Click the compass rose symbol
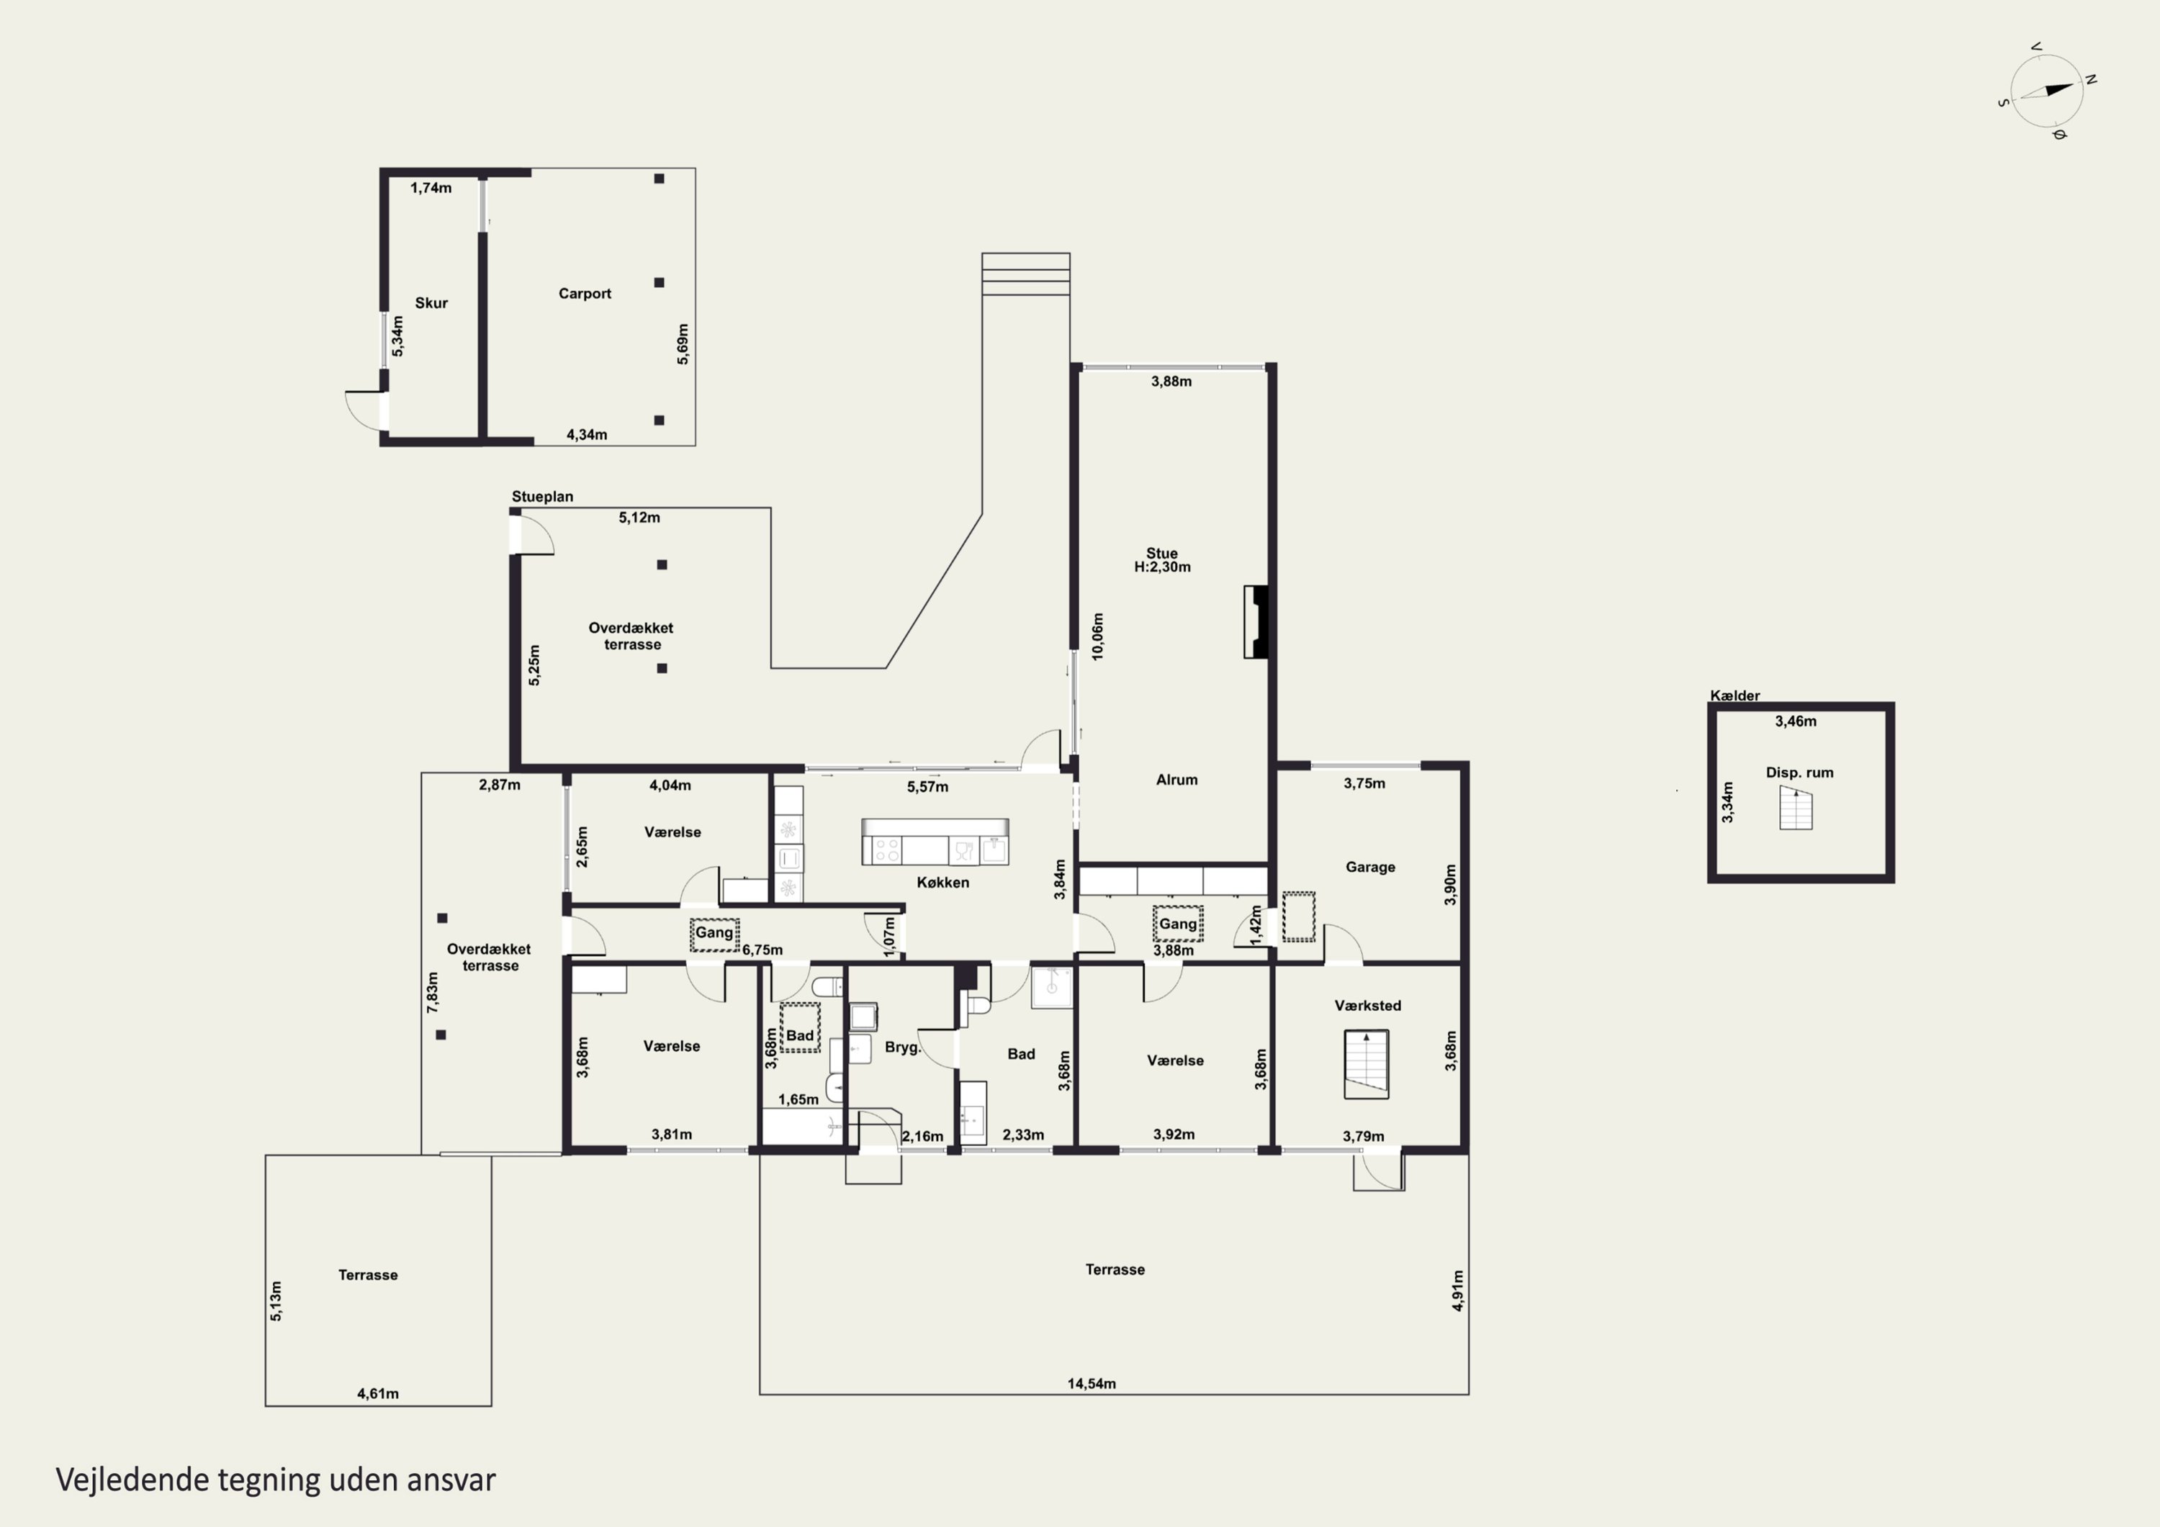2047,91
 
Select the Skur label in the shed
431,303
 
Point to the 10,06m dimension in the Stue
1097,637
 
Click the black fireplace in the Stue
1257,622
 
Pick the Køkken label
942,883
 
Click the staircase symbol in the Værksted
1366,1065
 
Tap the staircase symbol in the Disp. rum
1795,808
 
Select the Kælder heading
1734,695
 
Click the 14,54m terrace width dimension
1092,1383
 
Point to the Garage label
1369,867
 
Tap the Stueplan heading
542,497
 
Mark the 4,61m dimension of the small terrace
377,1393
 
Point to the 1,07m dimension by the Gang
890,937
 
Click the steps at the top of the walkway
1025,274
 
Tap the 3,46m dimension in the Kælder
1795,721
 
